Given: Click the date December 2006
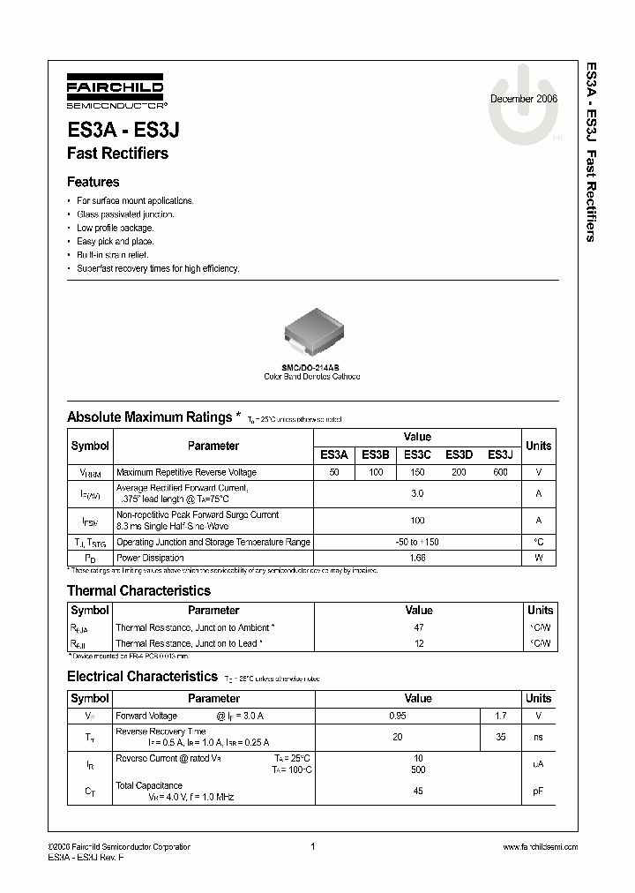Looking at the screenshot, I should coord(523,99).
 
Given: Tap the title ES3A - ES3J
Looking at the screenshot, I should coord(124,130).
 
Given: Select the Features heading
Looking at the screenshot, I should coord(93,182).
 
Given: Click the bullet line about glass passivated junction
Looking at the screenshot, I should coord(125,214).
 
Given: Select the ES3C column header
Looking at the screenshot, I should coord(417,454).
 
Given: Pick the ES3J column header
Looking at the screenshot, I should coord(500,454).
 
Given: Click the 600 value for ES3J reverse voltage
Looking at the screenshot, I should coord(500,473).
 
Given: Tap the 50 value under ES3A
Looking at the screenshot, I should coord(333,473).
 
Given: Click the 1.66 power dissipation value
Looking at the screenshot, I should coord(417,558).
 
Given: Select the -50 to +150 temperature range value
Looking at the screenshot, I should coord(417,542).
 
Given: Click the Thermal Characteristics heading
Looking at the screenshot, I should coord(138,590).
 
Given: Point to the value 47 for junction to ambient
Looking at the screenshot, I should coord(418,627).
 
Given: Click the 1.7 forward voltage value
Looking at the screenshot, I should coord(500,716).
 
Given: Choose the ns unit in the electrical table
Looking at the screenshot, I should coord(538,737).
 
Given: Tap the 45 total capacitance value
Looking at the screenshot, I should coord(418,791).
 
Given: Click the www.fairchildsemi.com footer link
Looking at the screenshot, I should coord(540,847).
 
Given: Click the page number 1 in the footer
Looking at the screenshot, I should coord(313,847).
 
